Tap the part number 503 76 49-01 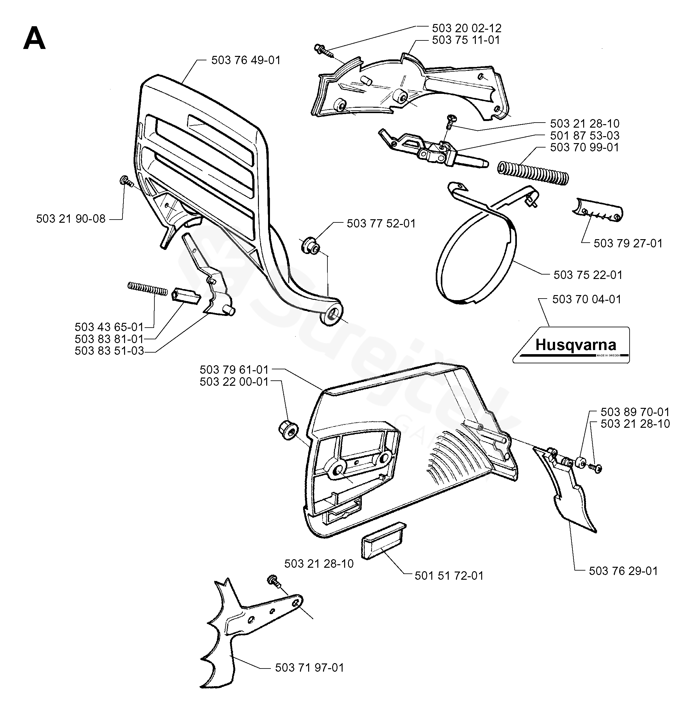tap(246, 60)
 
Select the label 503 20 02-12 tap(466, 28)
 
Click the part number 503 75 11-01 tap(466, 40)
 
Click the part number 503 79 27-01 tap(628, 243)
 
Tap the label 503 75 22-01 tap(588, 275)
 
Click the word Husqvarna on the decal tap(576, 345)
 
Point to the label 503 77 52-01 tap(381, 224)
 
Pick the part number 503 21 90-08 tap(71, 219)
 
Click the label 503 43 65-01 tap(109, 327)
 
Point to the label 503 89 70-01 tap(635, 412)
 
